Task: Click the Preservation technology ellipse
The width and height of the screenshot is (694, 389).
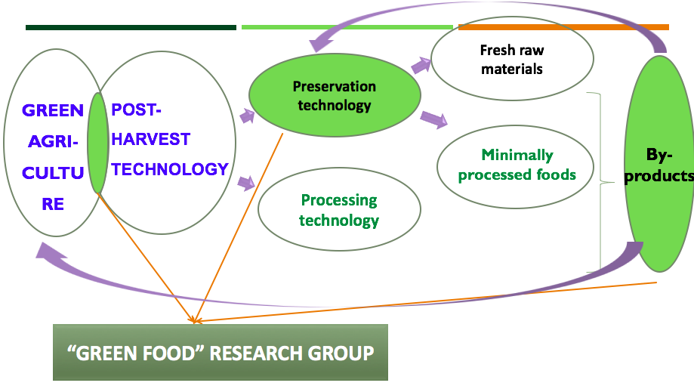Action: (335, 96)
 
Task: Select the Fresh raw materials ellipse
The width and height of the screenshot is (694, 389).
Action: (511, 60)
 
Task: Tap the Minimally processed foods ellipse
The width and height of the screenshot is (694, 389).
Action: (517, 165)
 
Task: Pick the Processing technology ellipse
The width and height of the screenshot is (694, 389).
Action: (338, 210)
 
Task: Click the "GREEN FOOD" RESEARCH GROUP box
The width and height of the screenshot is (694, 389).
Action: (220, 352)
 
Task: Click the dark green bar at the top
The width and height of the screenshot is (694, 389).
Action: (131, 28)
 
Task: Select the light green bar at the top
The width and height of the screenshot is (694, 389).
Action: (347, 28)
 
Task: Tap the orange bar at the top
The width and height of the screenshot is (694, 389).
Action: (563, 28)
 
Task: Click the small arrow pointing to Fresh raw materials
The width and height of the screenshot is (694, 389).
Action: (421, 66)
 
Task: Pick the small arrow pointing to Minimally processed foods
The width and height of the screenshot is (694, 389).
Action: (433, 118)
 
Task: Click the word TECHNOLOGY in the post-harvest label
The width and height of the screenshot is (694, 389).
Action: (169, 169)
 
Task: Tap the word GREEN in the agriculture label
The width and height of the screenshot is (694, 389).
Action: (53, 111)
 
